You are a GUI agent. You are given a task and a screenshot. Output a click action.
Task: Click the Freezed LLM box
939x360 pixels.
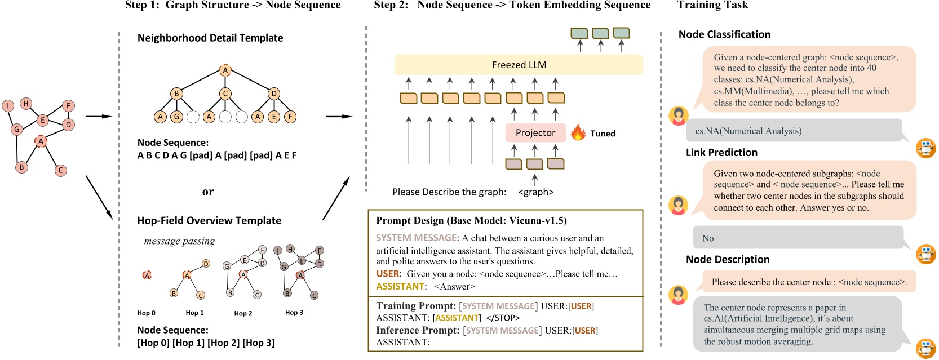519,65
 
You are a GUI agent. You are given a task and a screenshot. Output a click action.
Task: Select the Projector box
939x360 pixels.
535,133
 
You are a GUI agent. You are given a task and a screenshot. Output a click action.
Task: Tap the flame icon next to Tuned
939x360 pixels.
578,133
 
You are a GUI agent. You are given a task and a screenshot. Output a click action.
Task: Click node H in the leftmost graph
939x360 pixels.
26,103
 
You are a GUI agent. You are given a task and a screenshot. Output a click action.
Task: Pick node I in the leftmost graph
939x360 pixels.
8,105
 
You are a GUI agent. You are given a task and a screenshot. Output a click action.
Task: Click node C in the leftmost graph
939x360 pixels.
61,170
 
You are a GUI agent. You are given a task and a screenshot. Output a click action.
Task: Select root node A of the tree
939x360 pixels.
225,70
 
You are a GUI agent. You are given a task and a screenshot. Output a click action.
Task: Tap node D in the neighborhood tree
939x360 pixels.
273,94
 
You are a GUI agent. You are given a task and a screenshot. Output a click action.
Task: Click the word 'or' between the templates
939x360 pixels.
208,192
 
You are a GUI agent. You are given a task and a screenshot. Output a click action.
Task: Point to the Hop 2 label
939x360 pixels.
243,313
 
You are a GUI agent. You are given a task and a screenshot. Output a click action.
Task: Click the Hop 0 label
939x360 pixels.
146,313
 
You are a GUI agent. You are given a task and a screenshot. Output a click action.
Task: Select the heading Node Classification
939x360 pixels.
724,34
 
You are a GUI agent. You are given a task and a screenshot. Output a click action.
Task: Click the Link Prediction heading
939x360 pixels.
721,153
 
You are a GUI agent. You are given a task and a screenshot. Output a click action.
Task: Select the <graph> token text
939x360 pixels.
535,192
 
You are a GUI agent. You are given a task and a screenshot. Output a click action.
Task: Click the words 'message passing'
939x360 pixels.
179,241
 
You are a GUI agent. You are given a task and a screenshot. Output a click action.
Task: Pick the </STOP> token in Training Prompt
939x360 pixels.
503,318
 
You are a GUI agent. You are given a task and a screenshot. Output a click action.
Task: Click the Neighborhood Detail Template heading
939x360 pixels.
210,38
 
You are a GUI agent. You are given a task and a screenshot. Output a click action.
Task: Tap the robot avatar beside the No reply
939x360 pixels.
925,254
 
